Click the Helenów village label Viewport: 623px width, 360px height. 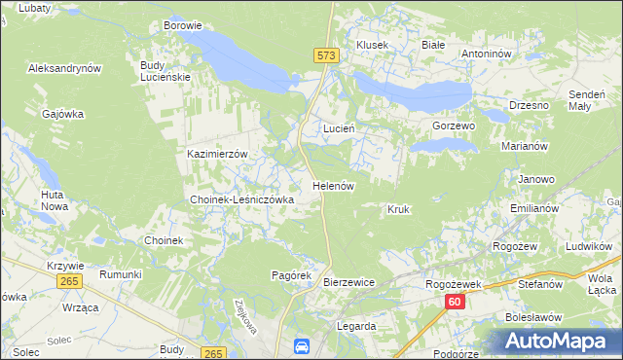coord(332,185)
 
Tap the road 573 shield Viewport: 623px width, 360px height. coord(327,57)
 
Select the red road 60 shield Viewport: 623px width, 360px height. coord(456,303)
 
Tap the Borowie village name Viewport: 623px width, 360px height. coord(183,25)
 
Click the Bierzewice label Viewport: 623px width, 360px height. coord(348,282)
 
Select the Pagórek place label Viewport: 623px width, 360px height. coord(290,275)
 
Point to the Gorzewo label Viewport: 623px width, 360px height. coord(453,126)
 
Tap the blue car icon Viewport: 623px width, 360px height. coord(302,345)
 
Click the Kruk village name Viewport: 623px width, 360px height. coord(398,209)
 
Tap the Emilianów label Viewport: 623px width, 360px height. coord(533,209)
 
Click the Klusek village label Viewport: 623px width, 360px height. coord(372,45)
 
